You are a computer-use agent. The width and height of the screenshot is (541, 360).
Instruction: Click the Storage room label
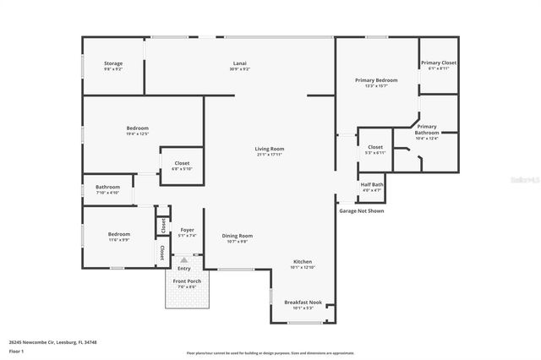[113, 63]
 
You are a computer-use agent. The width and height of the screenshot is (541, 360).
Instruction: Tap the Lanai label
[240, 63]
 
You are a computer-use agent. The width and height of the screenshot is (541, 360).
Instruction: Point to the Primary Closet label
[439, 63]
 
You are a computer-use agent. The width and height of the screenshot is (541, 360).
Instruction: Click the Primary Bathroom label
[427, 130]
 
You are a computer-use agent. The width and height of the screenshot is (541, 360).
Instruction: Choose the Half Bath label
[372, 185]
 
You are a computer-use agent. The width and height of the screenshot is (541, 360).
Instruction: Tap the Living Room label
[270, 150]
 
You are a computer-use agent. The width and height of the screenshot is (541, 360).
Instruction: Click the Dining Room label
[237, 236]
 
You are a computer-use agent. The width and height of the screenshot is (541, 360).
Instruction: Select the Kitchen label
[303, 262]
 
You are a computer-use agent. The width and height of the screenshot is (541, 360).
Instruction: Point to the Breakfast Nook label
[303, 303]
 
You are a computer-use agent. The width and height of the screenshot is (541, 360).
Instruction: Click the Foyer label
[187, 230]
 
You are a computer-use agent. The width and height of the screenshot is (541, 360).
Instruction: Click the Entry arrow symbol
[184, 260]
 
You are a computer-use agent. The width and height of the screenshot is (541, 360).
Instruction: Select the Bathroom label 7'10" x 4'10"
[107, 188]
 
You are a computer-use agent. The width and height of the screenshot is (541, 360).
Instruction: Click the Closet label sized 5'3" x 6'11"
[375, 148]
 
